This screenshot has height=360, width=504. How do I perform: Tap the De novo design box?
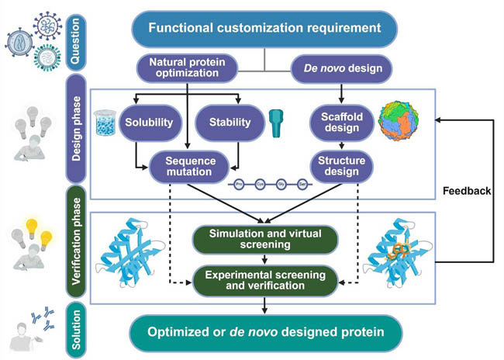point(339,68)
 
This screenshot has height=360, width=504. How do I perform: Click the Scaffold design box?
point(339,122)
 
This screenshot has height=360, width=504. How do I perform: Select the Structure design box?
point(339,166)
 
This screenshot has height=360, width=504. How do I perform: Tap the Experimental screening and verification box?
point(264,280)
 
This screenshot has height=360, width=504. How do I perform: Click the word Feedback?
point(464,189)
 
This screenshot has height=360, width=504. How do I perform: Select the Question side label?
point(77,35)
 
